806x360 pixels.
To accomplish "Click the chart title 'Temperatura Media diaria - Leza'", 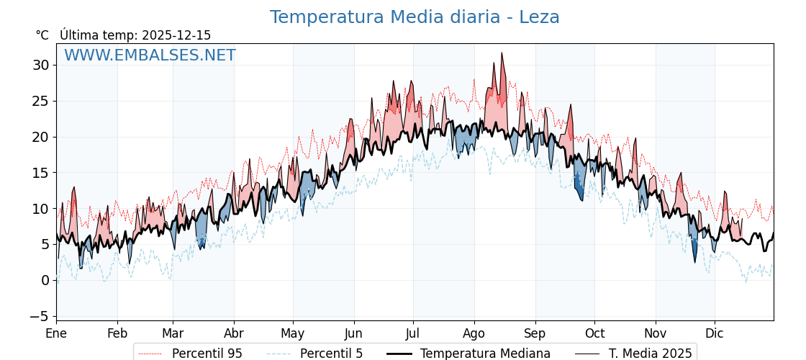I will tap(415, 17).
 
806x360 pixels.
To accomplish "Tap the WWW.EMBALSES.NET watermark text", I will tap(150, 55).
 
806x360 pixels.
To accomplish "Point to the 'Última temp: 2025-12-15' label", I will tap(135, 35).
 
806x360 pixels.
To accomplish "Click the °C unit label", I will tap(42, 35).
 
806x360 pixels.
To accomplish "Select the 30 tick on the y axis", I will tap(41, 65).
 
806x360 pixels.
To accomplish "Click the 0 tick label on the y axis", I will tap(45, 280).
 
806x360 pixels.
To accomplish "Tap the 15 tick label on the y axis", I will tap(41, 173).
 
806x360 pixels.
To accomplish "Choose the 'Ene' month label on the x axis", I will tap(56, 333).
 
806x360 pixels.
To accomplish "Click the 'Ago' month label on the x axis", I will tap(474, 333).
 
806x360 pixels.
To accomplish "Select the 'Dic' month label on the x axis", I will tap(715, 333).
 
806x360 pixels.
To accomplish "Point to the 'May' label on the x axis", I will tap(292, 333).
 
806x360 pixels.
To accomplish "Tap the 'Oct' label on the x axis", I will tap(594, 333).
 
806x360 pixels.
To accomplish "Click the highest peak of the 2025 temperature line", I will tap(502, 53).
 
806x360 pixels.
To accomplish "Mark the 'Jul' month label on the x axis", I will tap(412, 333).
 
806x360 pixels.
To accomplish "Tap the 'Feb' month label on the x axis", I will tap(117, 333).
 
